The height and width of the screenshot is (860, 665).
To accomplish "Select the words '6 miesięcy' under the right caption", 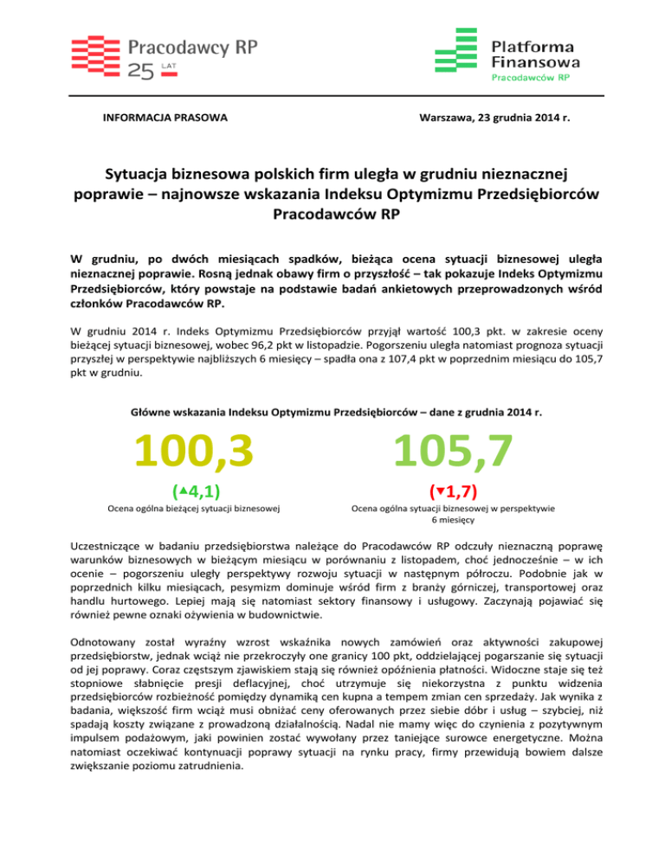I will pyautogui.click(x=451, y=522).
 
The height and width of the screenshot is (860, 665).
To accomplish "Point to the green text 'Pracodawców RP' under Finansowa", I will pyautogui.click(x=530, y=76).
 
